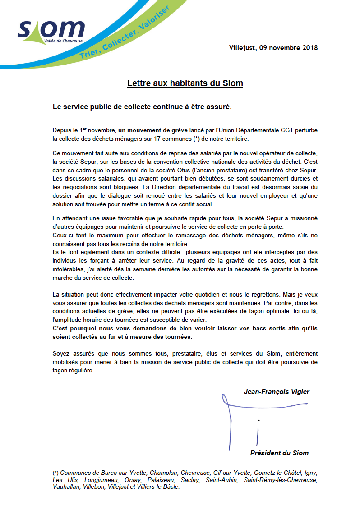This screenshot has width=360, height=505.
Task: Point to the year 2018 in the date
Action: (309, 48)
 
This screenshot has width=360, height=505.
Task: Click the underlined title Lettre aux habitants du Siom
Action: (185, 83)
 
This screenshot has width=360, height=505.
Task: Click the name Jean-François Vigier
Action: (277, 392)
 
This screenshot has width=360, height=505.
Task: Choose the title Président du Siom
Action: (279, 453)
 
